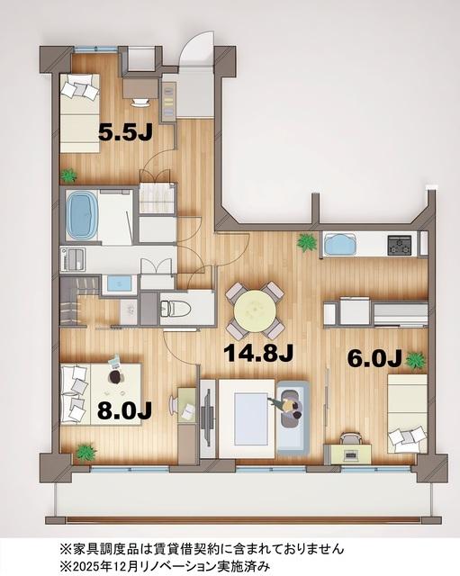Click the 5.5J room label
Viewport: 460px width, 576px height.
click(123, 131)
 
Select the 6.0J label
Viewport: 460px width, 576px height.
click(374, 358)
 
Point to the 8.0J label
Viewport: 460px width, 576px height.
click(123, 410)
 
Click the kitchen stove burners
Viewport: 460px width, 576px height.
click(399, 244)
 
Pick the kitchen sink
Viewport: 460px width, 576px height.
click(339, 244)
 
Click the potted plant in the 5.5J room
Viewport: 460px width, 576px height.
click(68, 175)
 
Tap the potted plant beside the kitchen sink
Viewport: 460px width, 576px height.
click(307, 241)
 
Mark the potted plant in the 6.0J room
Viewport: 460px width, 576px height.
click(415, 360)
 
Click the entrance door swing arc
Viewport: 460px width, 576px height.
click(195, 49)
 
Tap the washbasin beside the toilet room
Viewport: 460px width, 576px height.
click(118, 284)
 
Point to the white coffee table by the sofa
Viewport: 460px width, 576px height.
click(245, 413)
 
